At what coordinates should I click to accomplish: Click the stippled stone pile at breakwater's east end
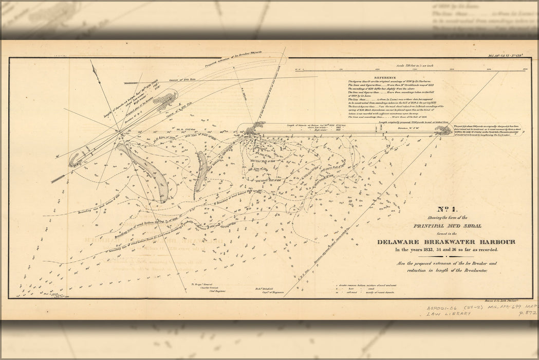pyautogui.click(x=443, y=131)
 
